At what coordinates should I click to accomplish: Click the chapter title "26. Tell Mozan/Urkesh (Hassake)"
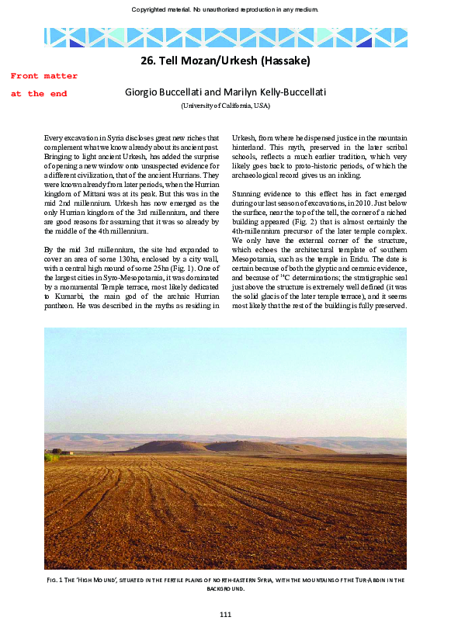tap(225, 60)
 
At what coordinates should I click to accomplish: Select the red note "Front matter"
tap(44, 76)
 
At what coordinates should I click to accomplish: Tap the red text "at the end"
tap(39, 94)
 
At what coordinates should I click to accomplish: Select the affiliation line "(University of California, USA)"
tap(225, 106)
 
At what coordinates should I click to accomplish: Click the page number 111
tap(225, 615)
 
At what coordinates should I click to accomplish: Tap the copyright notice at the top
tap(225, 9)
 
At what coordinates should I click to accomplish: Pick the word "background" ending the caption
tap(225, 589)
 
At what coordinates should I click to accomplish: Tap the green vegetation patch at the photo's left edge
tap(51, 456)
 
